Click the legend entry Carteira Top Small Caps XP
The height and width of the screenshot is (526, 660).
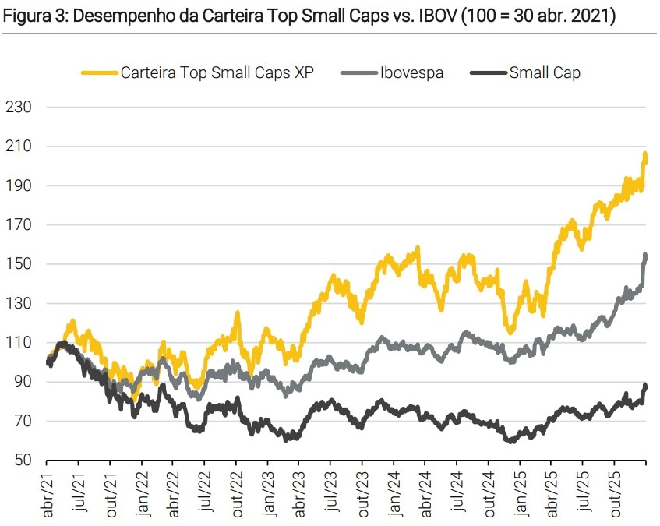tap(217, 73)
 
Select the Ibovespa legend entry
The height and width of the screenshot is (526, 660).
tap(411, 73)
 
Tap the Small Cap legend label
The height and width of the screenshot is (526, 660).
tap(545, 73)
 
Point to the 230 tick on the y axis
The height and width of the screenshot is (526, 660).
tap(19, 107)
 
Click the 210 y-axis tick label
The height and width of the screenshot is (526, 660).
tap(19, 147)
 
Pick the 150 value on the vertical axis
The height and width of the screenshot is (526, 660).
tap(19, 264)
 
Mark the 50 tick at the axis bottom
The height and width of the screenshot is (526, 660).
tap(23, 461)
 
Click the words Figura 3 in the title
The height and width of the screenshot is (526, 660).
tap(32, 16)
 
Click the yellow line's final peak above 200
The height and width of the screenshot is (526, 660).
tap(645, 155)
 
